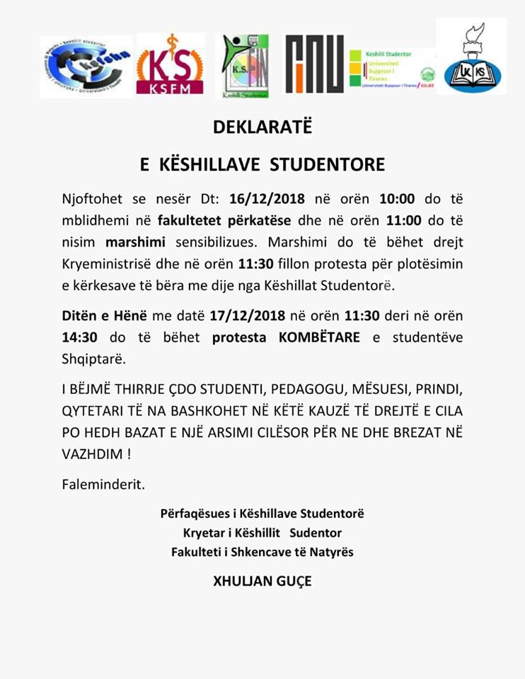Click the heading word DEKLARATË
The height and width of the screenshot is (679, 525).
pos(262,129)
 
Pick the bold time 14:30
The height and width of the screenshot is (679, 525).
pos(80,337)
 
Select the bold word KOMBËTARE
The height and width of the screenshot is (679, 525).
pos(319,337)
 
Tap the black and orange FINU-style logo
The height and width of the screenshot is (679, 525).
pos(315,64)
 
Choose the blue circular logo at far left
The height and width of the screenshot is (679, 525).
pos(86,65)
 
